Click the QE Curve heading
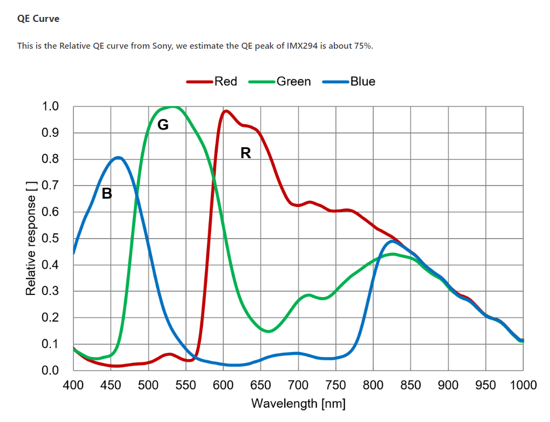coord(38,19)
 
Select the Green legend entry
coord(293,82)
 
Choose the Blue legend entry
coord(362,82)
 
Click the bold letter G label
coord(163,125)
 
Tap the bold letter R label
coord(246,153)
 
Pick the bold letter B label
coord(107,193)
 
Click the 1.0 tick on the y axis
coord(50,107)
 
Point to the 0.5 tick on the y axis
coord(50,239)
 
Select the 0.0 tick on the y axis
coord(50,371)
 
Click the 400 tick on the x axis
coord(73,385)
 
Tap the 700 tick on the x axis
coord(298,385)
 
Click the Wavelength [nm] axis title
coord(298,404)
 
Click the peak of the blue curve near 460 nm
coord(118,158)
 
